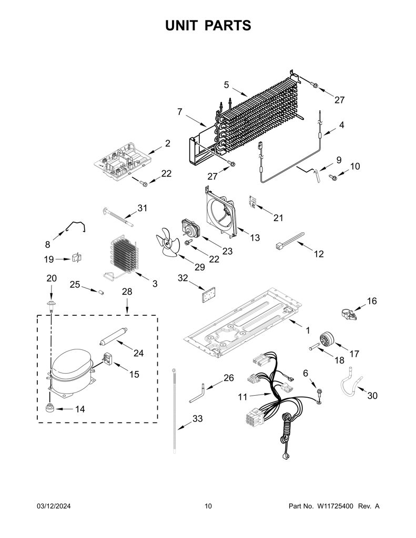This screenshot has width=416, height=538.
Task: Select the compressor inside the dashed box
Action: [71, 373]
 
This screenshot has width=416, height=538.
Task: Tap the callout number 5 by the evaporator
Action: [226, 85]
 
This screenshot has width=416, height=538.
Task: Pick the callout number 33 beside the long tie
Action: [198, 418]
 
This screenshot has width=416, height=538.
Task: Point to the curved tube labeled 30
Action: [351, 384]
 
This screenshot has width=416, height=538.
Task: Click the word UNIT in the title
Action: [181, 26]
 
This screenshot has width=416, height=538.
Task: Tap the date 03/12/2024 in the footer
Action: [54, 506]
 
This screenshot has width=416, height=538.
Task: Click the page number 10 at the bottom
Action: [208, 506]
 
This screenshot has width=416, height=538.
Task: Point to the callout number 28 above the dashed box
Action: [127, 292]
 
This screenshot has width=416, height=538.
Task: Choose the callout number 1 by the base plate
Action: [308, 330]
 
